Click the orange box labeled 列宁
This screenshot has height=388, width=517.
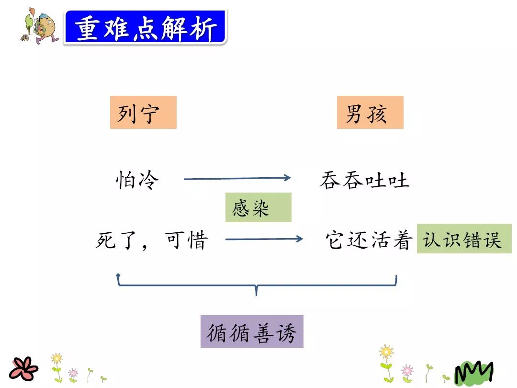143,113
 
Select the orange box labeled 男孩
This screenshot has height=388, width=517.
370,113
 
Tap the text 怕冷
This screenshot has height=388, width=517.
138,180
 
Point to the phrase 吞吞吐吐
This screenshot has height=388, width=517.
364,181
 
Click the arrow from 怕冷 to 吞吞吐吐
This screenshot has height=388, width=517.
237,179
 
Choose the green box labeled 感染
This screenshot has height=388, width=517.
258,207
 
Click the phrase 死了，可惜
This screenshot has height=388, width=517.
151,240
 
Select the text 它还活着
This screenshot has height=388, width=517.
369,240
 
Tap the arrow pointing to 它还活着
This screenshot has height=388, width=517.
264,239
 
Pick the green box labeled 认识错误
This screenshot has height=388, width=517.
463,239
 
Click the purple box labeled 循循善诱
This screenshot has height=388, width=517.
252,331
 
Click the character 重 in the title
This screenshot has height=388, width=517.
88,28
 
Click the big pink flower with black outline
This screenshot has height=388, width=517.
22,368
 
